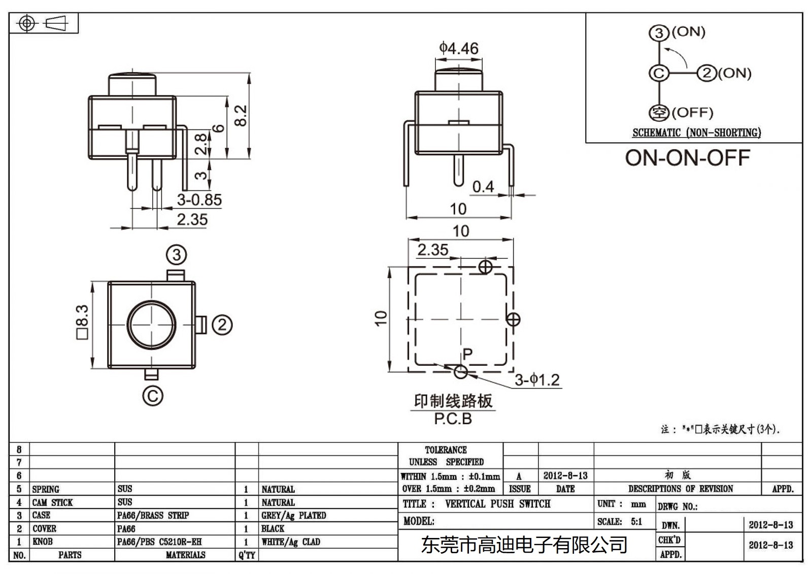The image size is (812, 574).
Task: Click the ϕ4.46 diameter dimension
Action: coord(458,48)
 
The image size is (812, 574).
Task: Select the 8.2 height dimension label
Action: coord(242,115)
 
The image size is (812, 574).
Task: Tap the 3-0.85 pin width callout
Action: coord(199,200)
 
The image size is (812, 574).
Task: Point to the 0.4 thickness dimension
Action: coord(483,187)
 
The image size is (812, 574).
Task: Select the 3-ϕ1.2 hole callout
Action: coord(537,380)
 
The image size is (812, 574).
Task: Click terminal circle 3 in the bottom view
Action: coord(177,255)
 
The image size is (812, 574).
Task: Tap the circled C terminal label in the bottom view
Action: coord(152,395)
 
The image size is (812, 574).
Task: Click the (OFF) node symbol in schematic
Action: coord(659,112)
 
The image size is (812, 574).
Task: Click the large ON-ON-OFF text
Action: coord(687,158)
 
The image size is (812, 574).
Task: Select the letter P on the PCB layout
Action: coord(467,354)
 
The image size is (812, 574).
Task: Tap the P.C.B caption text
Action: coord(453,419)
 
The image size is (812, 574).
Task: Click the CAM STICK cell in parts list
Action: coord(52,502)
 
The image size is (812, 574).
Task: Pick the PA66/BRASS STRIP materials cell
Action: coord(153,516)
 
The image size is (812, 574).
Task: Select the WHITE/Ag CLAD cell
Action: coord(290,542)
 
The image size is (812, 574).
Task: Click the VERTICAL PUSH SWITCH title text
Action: coord(497,504)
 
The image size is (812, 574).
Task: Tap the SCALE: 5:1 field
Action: coord(620,522)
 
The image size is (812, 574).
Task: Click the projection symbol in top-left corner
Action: coord(43,23)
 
